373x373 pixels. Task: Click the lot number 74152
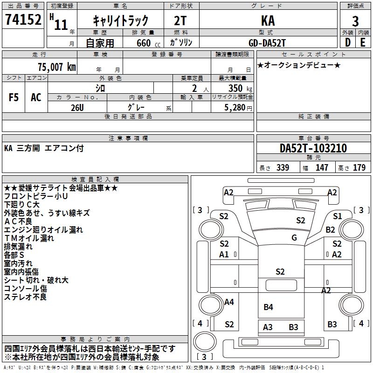[23, 20]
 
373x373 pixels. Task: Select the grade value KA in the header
[268, 21]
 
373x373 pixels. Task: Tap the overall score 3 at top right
[355, 21]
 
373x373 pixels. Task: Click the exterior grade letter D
[347, 42]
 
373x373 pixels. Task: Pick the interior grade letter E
[363, 42]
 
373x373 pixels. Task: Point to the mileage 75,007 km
[57, 67]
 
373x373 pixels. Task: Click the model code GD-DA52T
[267, 43]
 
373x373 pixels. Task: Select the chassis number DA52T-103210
[313, 148]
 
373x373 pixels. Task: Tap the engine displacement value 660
[144, 43]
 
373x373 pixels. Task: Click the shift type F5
[14, 97]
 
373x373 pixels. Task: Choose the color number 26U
[77, 108]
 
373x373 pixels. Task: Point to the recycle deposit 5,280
[235, 108]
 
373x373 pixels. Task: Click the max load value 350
[235, 88]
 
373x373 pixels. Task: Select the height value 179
[359, 167]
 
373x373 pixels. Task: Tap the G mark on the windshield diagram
[294, 237]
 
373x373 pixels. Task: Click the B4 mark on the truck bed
[268, 307]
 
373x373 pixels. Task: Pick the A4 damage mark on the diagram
[229, 302]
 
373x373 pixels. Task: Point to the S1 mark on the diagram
[337, 216]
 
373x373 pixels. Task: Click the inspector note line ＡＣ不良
[18, 221]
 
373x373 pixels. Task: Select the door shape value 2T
[180, 21]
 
